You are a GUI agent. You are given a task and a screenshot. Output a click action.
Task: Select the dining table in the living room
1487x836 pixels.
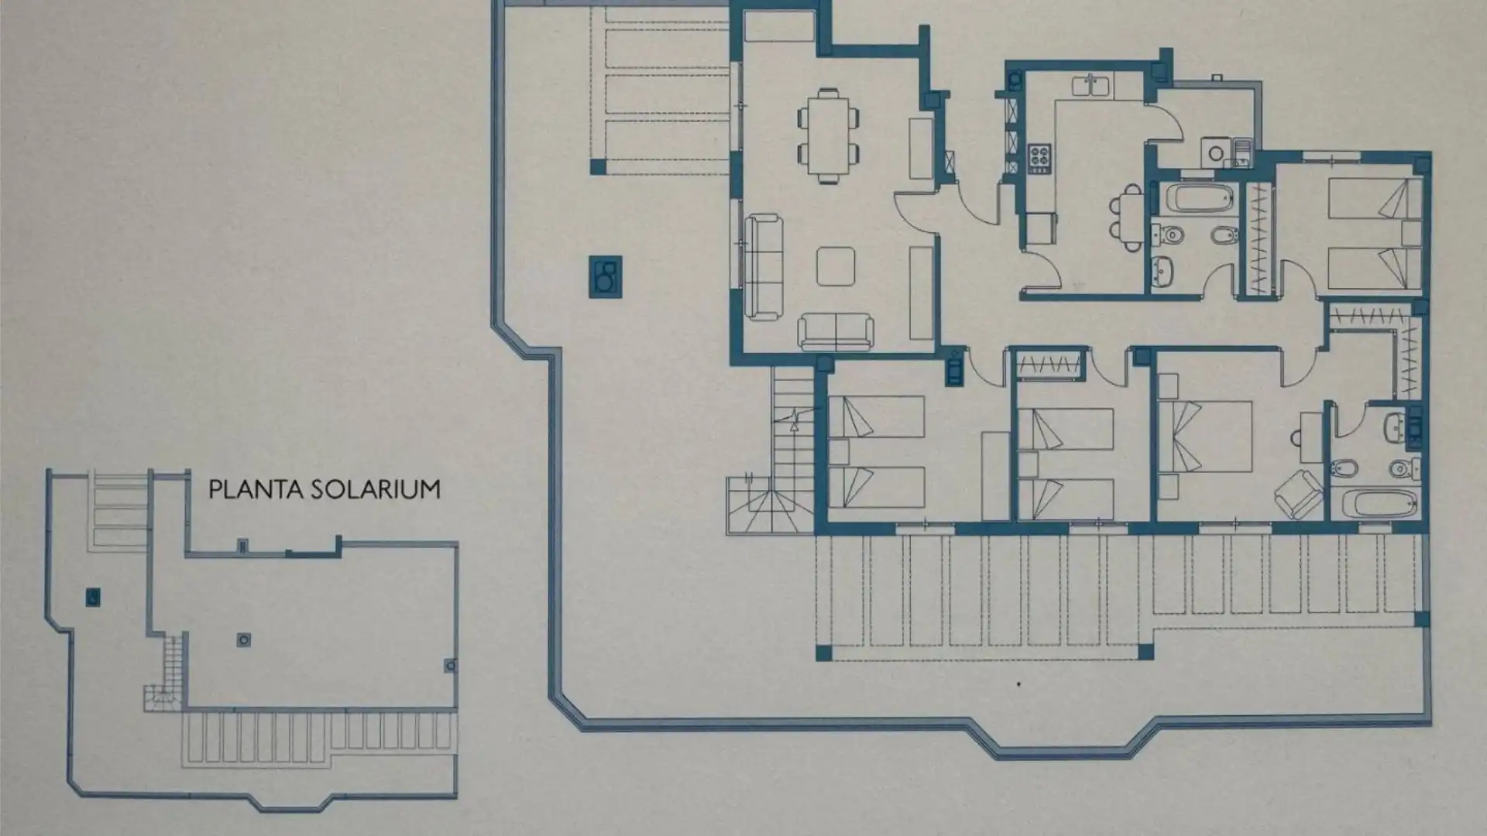tap(828, 137)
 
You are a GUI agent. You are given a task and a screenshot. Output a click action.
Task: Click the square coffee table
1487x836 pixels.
tap(836, 266)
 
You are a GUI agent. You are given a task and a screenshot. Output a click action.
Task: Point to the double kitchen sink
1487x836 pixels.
tap(1091, 86)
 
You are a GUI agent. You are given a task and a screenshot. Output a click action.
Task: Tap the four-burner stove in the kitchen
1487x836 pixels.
tap(1038, 157)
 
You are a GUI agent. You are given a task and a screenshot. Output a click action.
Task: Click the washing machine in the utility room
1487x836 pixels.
tap(1214, 152)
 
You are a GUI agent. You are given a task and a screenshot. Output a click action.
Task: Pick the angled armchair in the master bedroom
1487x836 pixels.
tap(1297, 492)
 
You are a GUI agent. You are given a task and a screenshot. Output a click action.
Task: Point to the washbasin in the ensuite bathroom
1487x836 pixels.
tap(1396, 427)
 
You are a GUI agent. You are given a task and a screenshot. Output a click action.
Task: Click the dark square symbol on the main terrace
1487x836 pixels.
tap(606, 276)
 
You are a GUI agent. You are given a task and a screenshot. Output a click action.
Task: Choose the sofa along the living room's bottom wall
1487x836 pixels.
tap(836, 331)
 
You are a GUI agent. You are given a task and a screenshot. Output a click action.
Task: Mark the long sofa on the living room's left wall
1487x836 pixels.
tap(764, 268)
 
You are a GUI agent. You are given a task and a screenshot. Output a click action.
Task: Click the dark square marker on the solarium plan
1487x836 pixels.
tap(93, 597)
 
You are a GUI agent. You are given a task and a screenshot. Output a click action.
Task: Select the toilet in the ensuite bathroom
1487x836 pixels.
tap(1400, 468)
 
